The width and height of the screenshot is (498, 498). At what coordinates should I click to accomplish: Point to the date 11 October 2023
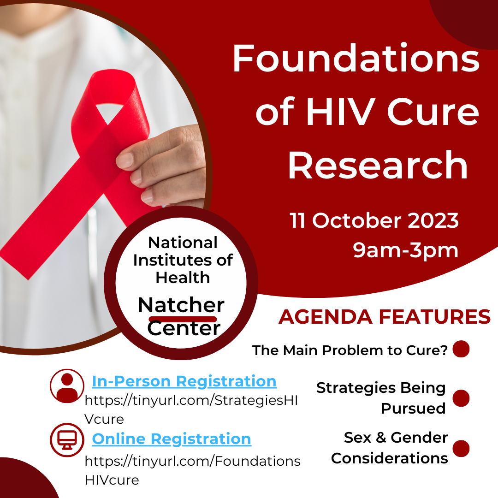click(374, 221)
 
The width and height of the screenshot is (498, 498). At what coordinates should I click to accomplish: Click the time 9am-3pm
click(406, 250)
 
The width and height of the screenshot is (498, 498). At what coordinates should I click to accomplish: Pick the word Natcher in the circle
click(181, 305)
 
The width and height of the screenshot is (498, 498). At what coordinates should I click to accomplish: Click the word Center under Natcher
click(184, 328)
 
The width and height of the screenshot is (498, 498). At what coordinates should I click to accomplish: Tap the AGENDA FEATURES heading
click(384, 317)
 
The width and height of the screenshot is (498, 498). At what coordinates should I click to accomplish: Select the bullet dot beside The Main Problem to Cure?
click(461, 349)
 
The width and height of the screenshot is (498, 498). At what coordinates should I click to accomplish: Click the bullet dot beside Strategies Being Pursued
click(461, 398)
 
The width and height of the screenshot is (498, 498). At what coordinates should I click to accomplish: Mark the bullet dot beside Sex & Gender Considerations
click(461, 448)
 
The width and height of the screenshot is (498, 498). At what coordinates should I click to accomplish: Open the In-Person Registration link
click(184, 381)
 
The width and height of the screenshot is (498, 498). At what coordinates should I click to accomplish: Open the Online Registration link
click(172, 439)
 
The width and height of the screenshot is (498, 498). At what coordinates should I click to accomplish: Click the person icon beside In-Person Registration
click(67, 386)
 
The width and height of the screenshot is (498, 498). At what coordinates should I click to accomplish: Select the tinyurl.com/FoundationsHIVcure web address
click(192, 469)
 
